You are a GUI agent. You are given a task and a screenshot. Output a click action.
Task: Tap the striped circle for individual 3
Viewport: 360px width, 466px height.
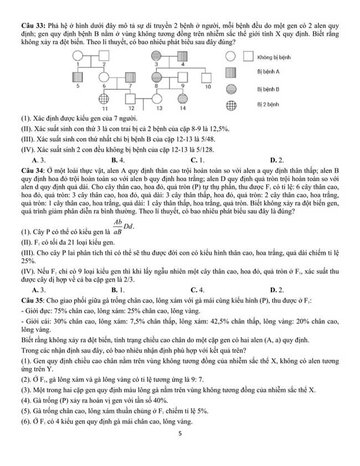[157, 56]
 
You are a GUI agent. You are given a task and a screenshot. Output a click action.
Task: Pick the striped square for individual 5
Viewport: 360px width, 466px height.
[78, 78]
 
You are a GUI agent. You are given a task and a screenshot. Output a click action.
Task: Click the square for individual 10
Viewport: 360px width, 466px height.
[208, 78]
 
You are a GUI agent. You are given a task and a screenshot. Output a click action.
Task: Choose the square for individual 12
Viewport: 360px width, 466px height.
[130, 99]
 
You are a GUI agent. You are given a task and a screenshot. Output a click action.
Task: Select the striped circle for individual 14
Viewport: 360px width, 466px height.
[182, 99]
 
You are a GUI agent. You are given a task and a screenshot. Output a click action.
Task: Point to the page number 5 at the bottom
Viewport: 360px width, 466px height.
[180, 434]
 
